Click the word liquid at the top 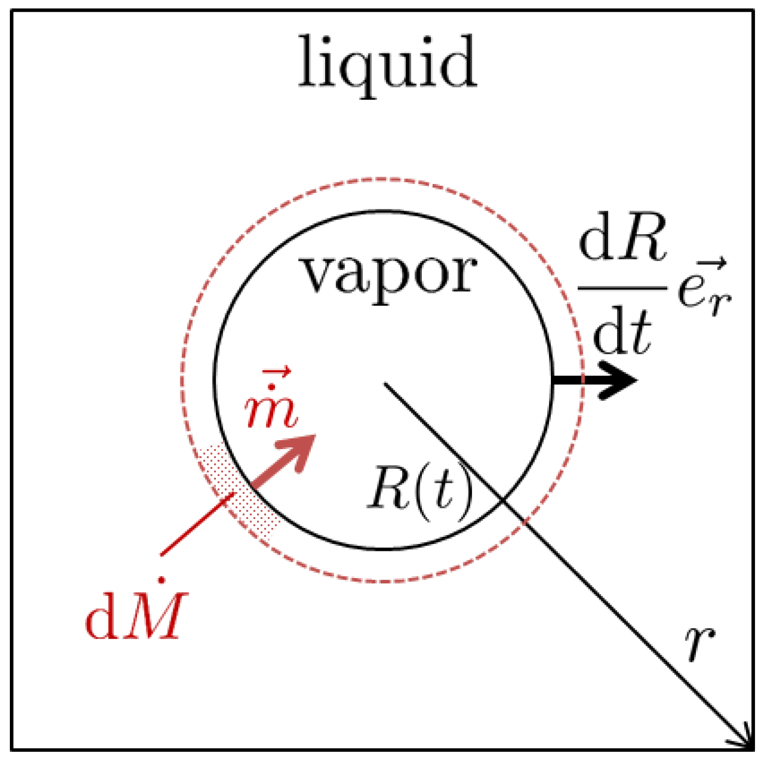tap(388, 63)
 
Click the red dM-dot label tap(136, 615)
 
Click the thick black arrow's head tap(619, 380)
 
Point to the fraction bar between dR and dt tap(622, 287)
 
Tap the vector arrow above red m tap(277, 373)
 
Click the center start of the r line tap(386, 384)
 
